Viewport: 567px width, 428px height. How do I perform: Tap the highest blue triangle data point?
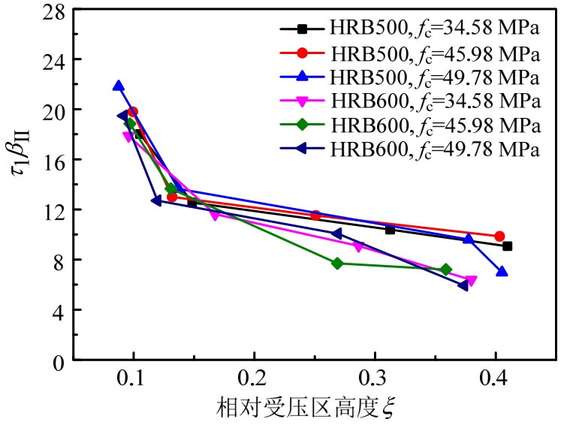tap(118, 86)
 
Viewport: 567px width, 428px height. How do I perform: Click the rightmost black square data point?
tap(508, 246)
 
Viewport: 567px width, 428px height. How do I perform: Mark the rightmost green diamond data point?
tap(446, 270)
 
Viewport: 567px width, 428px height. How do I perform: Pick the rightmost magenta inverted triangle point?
tap(471, 281)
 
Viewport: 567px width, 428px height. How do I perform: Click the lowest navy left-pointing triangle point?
tap(463, 285)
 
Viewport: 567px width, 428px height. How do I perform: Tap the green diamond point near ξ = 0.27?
tap(337, 264)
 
